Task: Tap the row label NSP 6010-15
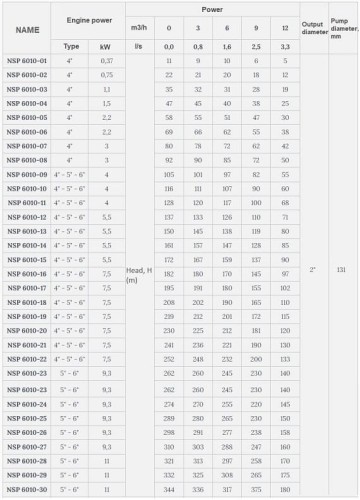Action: [26, 259]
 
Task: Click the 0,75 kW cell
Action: [106, 74]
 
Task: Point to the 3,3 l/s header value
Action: [286, 46]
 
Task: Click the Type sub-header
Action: [71, 46]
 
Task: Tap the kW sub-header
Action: [106, 46]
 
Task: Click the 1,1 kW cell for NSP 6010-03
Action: [106, 88]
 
